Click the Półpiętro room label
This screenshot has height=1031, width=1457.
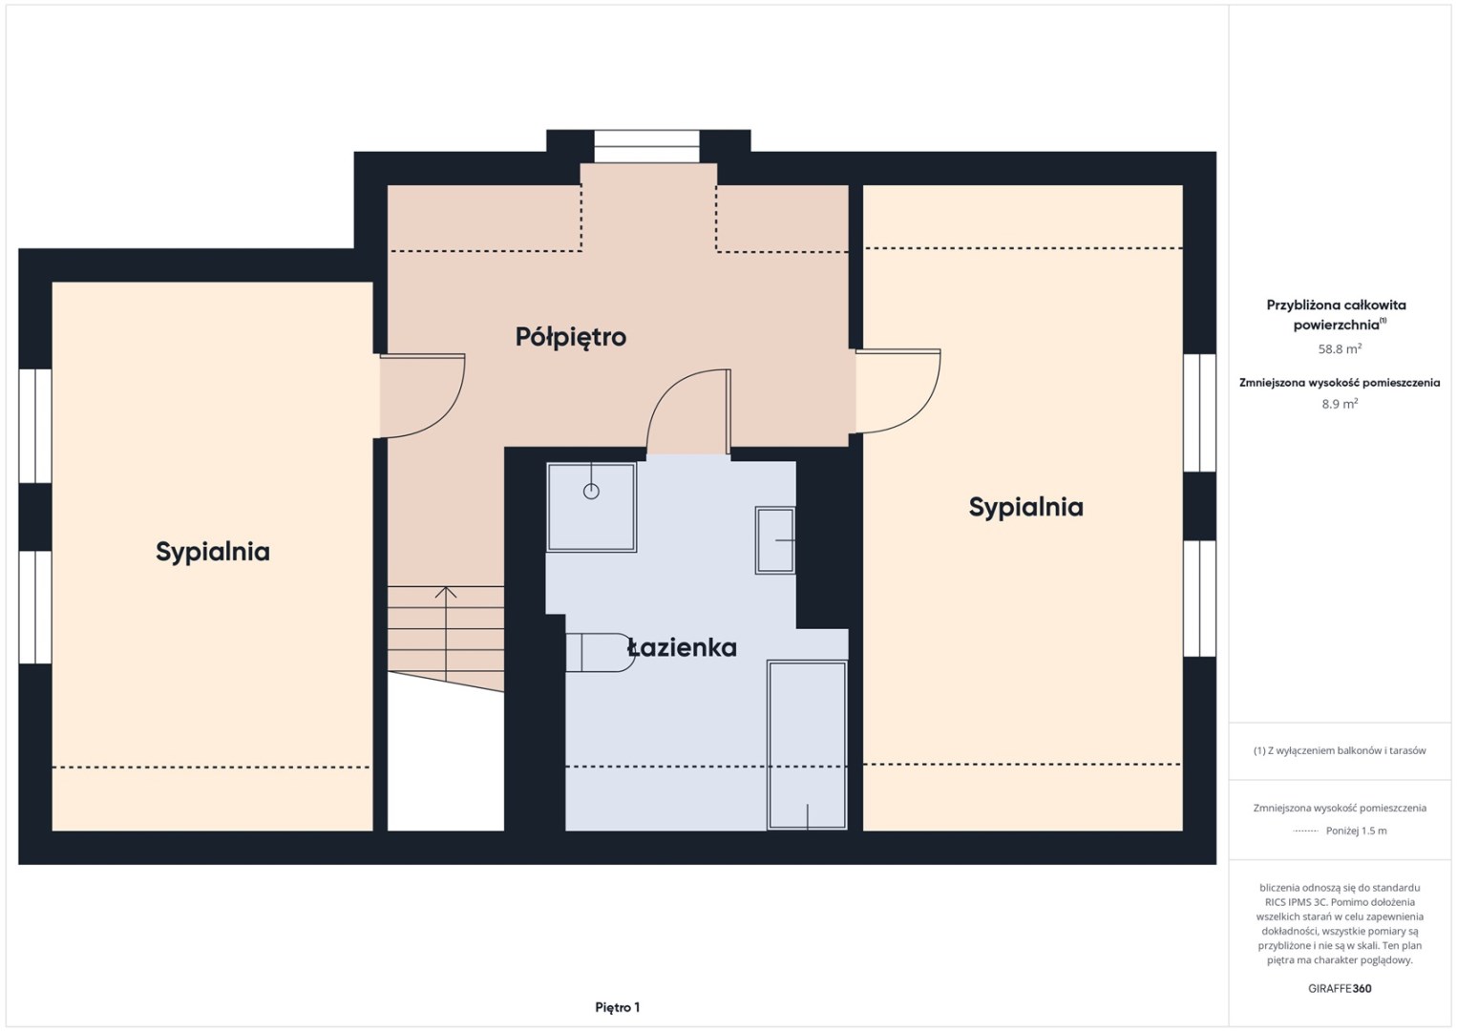570,337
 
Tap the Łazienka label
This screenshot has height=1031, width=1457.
682,647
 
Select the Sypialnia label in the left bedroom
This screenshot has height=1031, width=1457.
213,552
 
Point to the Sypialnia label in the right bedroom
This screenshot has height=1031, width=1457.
1025,507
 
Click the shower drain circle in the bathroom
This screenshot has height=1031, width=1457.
591,491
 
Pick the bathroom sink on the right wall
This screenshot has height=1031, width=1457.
774,540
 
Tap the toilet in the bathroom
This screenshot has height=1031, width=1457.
600,652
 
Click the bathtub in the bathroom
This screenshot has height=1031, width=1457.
807,745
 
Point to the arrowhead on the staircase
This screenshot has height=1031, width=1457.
446,592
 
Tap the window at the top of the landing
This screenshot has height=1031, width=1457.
646,146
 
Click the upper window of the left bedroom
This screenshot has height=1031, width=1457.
35,426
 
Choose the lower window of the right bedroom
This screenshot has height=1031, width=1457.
1199,599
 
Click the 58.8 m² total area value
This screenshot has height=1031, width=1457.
1340,348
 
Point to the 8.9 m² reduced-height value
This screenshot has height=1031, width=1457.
1340,404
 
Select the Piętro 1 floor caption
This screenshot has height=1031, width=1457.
618,1007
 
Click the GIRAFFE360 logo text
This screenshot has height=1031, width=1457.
1340,989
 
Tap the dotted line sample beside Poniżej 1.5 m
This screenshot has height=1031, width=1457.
1305,831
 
